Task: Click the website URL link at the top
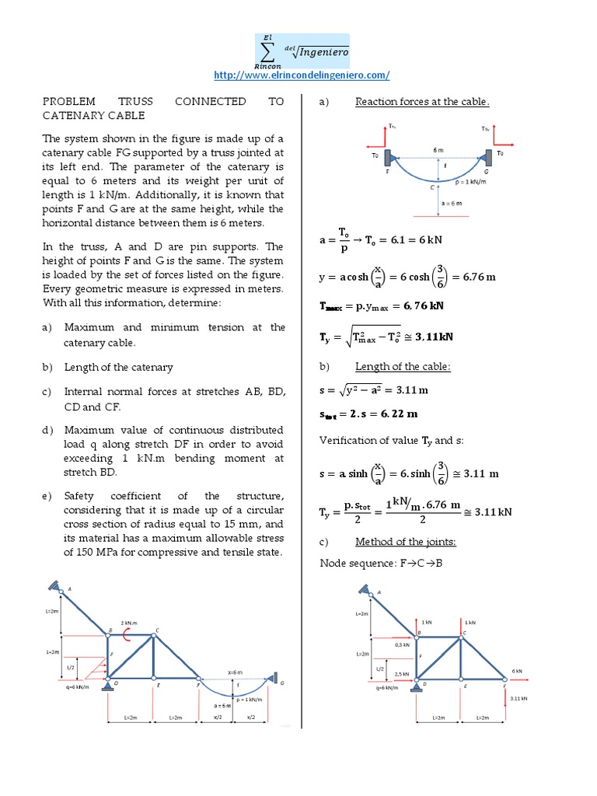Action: pyautogui.click(x=301, y=75)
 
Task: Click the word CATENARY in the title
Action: pyautogui.click(x=72, y=115)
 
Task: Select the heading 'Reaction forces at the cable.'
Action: pyautogui.click(x=422, y=101)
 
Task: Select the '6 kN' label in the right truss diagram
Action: pyautogui.click(x=517, y=671)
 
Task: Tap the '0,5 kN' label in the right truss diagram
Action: pyautogui.click(x=402, y=644)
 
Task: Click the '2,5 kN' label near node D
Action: pyautogui.click(x=402, y=673)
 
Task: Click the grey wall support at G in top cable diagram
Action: pyautogui.click(x=488, y=159)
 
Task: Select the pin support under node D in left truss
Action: pyautogui.click(x=107, y=685)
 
